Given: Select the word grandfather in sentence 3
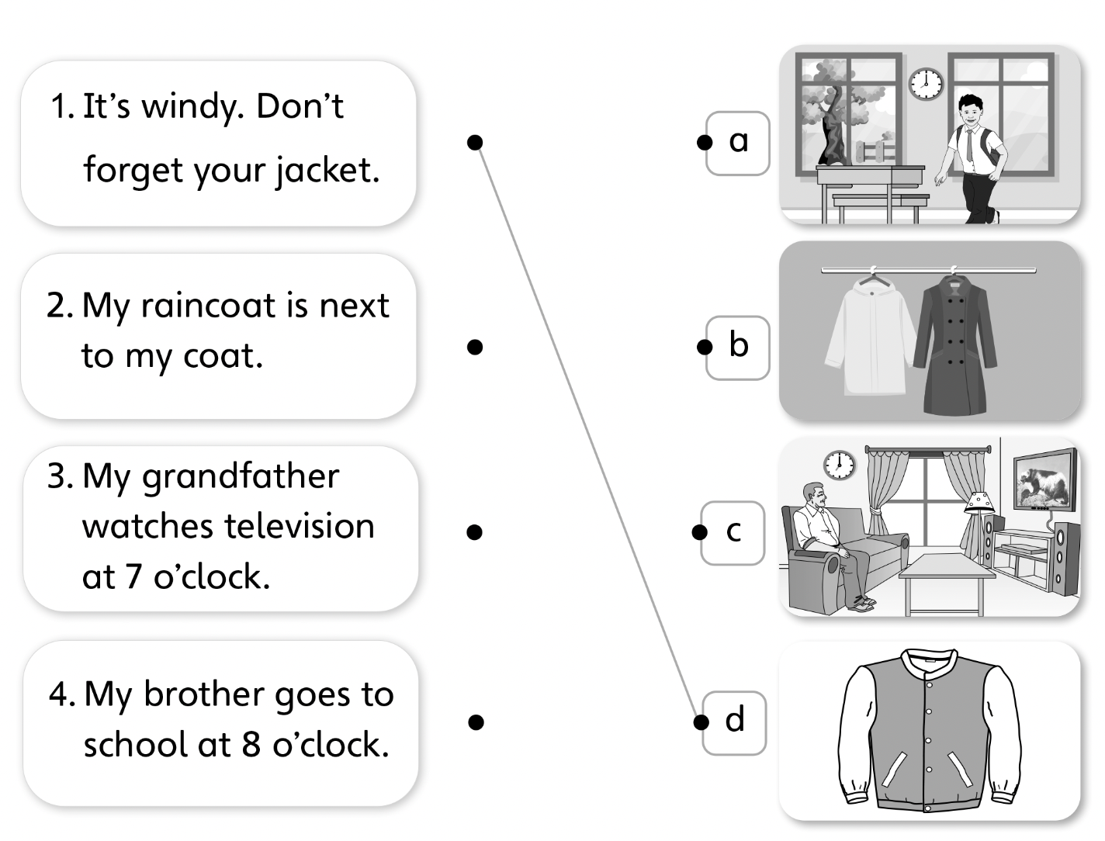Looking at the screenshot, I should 241,476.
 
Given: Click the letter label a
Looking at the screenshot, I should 739,142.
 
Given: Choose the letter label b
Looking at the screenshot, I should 739,346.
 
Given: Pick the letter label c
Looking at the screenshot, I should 734,532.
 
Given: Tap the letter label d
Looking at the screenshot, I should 735,722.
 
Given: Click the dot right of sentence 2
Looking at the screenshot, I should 476,347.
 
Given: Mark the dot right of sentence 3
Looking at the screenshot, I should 476,532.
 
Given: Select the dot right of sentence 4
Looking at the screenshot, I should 476,722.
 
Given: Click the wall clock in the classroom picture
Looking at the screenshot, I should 925,83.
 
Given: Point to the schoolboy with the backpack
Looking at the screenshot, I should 969,155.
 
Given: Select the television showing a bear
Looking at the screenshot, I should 1045,482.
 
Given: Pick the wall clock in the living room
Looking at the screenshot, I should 839,465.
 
